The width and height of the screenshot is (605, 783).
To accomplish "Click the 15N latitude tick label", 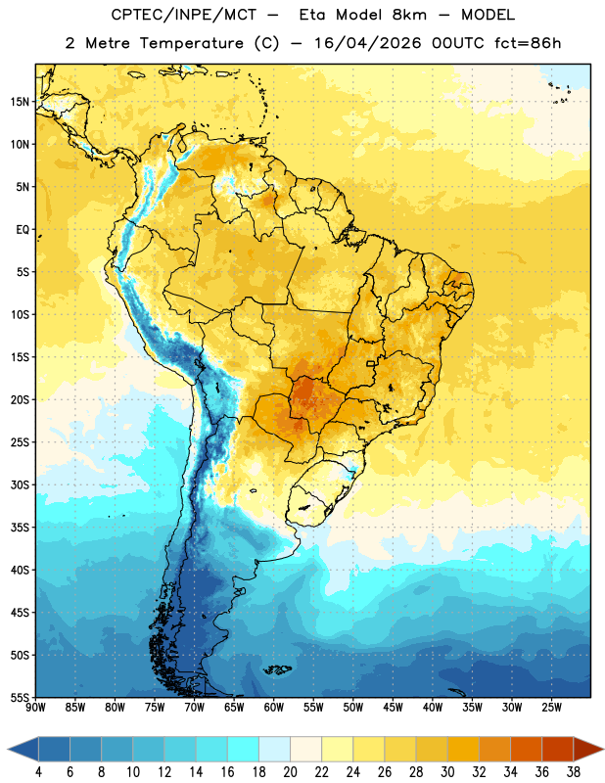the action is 20,102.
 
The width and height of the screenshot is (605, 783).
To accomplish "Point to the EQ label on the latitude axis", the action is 23,230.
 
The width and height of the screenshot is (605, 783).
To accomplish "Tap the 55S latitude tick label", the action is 20,698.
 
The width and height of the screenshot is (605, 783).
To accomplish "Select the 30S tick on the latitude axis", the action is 20,484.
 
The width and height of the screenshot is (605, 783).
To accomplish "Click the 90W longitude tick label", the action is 35,708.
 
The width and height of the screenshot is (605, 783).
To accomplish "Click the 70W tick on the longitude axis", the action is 195,708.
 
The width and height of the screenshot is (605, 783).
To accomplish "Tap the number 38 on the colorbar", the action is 574,772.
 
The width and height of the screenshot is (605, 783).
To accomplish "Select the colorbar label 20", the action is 290,772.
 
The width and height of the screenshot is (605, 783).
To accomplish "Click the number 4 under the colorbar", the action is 38,772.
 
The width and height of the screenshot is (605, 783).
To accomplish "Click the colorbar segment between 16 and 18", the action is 243,750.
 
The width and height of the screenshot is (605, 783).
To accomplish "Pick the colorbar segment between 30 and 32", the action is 463,750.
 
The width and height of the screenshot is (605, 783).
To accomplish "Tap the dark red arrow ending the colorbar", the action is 588,750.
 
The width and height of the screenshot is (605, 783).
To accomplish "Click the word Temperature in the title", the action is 191,43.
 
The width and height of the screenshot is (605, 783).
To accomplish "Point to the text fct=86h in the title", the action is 528,43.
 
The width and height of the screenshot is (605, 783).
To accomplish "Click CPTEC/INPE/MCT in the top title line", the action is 183,15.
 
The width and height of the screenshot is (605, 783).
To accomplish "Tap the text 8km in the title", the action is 409,15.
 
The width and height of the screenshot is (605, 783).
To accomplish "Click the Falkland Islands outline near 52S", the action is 278,669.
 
